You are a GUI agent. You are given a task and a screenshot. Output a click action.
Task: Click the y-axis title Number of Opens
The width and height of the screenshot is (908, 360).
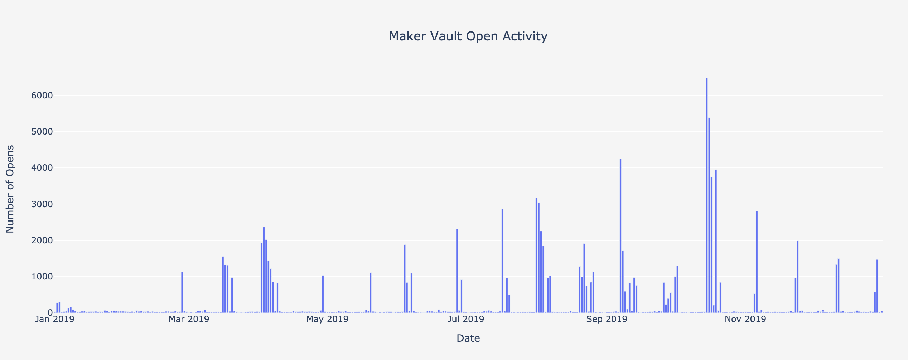point(10,189)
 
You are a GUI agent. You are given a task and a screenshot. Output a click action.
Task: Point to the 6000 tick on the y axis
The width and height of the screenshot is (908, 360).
point(42,96)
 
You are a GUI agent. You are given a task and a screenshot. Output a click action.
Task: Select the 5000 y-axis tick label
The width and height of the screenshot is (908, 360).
point(42,132)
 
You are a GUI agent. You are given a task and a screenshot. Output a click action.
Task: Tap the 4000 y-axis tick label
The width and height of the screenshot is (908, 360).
point(42,168)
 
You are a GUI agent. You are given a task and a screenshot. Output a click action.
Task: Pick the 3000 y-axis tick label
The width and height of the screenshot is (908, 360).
point(42,204)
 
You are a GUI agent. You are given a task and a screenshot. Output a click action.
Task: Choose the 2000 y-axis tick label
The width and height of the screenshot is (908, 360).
point(42,240)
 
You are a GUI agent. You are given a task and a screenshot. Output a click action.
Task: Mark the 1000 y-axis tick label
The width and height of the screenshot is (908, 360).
point(42,277)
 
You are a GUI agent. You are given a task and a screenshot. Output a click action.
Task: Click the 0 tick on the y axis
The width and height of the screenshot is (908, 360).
point(49,313)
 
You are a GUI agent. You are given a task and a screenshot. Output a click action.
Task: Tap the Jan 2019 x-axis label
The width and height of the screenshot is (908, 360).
point(54,319)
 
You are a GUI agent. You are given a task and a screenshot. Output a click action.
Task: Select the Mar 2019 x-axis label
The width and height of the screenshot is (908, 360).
point(189,319)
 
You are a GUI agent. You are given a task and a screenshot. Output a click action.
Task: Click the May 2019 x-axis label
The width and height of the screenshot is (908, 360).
point(327,319)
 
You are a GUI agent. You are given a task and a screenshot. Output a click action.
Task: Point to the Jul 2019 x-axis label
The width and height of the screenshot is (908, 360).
point(466,319)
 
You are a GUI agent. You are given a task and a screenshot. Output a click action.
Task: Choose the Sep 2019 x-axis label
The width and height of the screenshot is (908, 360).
point(607,319)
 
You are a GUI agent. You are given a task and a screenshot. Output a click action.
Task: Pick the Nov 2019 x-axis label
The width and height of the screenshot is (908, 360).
point(745,319)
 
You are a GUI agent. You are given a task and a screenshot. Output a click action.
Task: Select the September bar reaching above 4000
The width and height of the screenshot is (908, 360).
point(620,236)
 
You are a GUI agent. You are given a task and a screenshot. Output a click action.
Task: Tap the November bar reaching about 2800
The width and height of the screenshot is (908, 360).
point(757,262)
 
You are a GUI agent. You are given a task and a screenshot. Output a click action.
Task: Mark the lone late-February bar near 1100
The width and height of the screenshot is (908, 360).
point(182,292)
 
